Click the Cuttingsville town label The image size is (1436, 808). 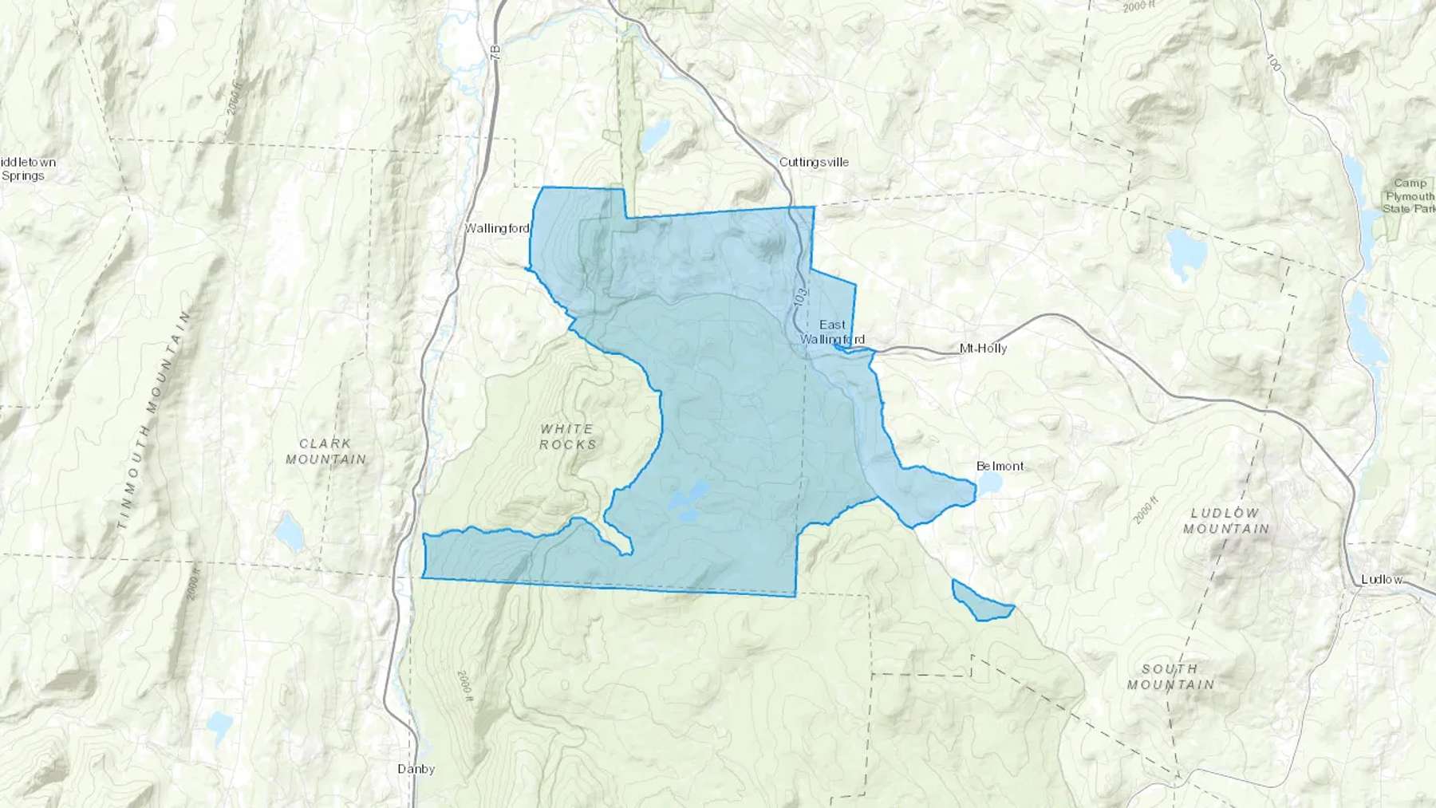(814, 163)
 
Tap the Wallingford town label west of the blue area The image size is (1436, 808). (497, 229)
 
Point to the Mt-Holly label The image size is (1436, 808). (983, 349)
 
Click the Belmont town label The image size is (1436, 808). (1000, 467)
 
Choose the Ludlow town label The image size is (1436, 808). (1382, 580)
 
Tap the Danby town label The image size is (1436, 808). (416, 770)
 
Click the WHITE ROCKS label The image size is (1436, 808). (567, 436)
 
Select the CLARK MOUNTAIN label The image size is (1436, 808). (325, 451)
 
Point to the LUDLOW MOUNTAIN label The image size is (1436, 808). (1225, 521)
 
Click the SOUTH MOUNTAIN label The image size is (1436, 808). (1170, 676)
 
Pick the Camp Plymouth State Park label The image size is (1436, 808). (1409, 196)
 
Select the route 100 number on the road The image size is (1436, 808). (1273, 62)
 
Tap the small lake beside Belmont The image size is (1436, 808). (989, 483)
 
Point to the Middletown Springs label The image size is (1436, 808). (27, 169)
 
